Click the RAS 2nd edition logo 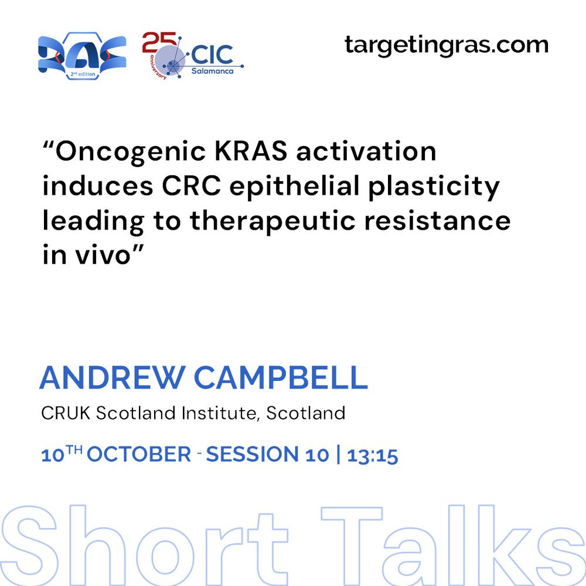(82, 56)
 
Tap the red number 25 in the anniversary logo (159, 42)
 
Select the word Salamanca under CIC (212, 71)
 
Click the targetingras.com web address (446, 46)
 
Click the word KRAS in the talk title (251, 151)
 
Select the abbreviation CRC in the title (191, 186)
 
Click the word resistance (437, 220)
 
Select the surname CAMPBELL (281, 377)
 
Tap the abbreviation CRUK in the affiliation (66, 413)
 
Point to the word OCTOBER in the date (139, 455)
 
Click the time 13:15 (373, 455)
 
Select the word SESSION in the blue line (252, 455)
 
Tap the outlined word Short (144, 545)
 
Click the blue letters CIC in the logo (212, 55)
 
